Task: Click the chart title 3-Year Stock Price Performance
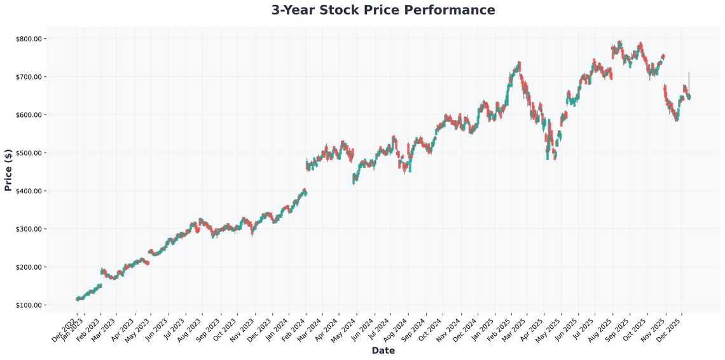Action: point(383,10)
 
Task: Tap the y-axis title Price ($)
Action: point(8,170)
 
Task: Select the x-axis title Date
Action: point(383,350)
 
